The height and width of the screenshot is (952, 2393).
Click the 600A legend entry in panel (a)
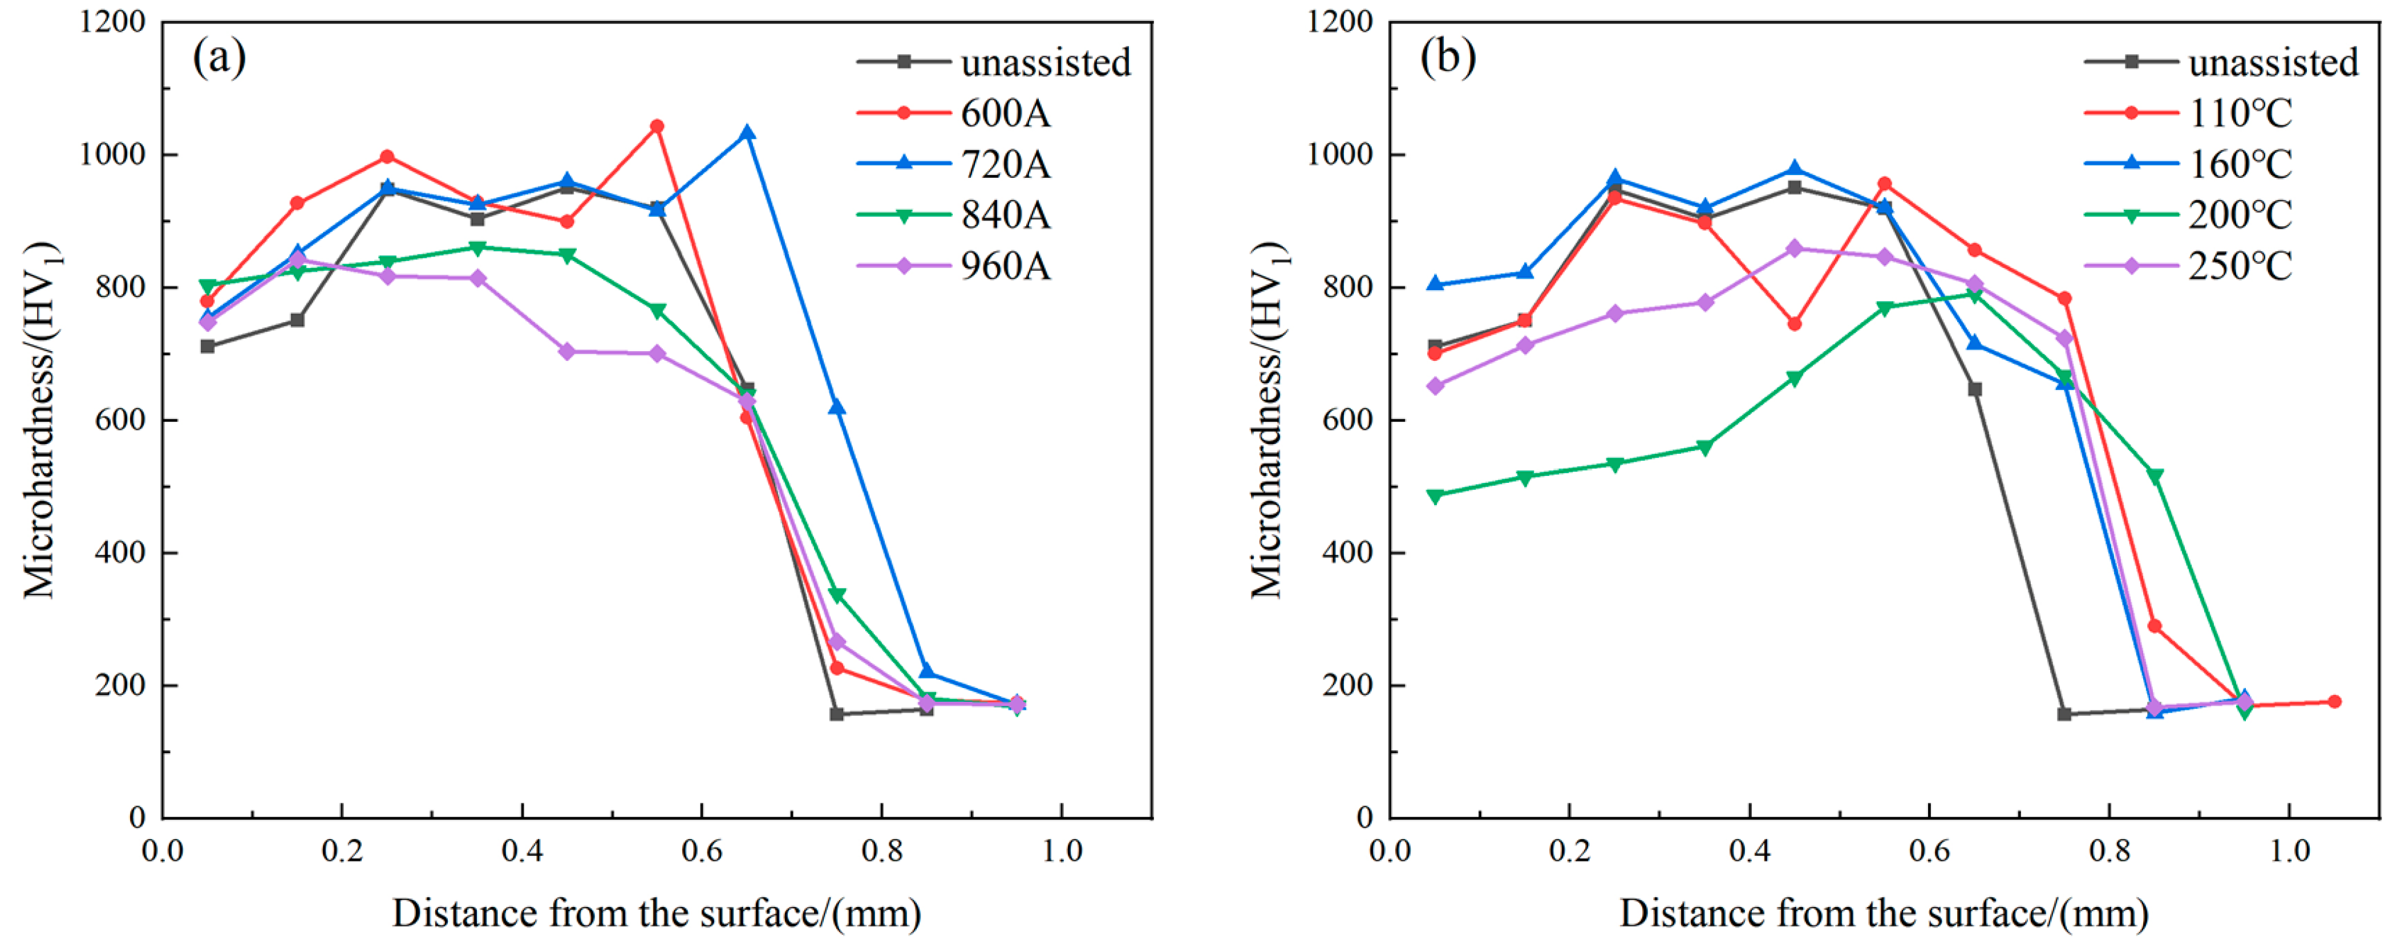click(x=1004, y=113)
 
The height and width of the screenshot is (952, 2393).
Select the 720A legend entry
click(x=1004, y=164)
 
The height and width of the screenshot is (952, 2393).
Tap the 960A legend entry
click(x=1004, y=267)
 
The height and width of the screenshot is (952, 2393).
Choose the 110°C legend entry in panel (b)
click(x=2239, y=113)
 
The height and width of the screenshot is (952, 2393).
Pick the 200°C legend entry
click(x=2239, y=215)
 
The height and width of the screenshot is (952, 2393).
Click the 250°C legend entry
click(x=2239, y=267)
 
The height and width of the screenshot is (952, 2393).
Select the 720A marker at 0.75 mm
click(x=837, y=407)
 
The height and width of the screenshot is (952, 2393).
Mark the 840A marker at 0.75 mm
click(x=837, y=595)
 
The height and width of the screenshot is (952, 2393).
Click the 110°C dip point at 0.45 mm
click(x=1794, y=324)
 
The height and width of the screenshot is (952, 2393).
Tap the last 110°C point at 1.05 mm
click(x=2334, y=701)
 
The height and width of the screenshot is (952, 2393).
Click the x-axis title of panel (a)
click(x=657, y=913)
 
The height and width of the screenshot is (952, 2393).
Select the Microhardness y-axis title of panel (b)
click(x=1268, y=420)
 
